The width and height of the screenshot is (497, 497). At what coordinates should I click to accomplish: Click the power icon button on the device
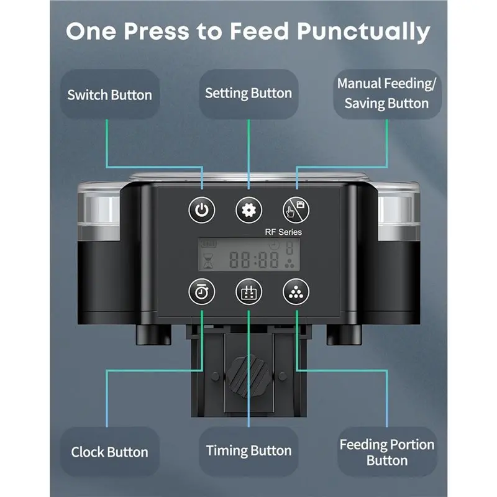point(201,210)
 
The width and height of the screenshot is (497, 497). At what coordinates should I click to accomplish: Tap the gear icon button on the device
point(249,210)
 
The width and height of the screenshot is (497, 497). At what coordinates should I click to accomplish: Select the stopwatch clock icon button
point(201,291)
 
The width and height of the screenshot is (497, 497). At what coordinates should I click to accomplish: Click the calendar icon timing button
point(249,291)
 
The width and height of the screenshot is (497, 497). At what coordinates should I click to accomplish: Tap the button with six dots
point(296,291)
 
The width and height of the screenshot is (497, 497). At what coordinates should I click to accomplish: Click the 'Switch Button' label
point(110,95)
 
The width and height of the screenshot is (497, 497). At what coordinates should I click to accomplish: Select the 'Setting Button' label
point(248,93)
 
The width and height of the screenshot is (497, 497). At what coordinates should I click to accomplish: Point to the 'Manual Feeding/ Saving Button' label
point(386,94)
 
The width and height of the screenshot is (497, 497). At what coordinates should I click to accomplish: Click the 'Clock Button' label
point(110,452)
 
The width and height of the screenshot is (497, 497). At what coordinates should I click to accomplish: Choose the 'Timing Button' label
point(248,450)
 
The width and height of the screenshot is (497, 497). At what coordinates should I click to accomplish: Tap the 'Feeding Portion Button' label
point(387,452)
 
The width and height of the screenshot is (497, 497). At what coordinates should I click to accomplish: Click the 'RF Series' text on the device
point(283,232)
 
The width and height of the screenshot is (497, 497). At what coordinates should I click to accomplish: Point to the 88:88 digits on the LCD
point(254,260)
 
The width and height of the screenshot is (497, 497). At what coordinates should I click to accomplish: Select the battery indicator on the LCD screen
point(207,244)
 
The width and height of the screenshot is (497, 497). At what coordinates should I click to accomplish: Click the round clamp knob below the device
point(248,376)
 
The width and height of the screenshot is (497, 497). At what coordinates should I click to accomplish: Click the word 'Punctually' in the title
point(363,32)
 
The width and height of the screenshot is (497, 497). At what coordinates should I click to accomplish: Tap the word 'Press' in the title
point(157,31)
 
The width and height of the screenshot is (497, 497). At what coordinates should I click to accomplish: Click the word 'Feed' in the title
point(259,31)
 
